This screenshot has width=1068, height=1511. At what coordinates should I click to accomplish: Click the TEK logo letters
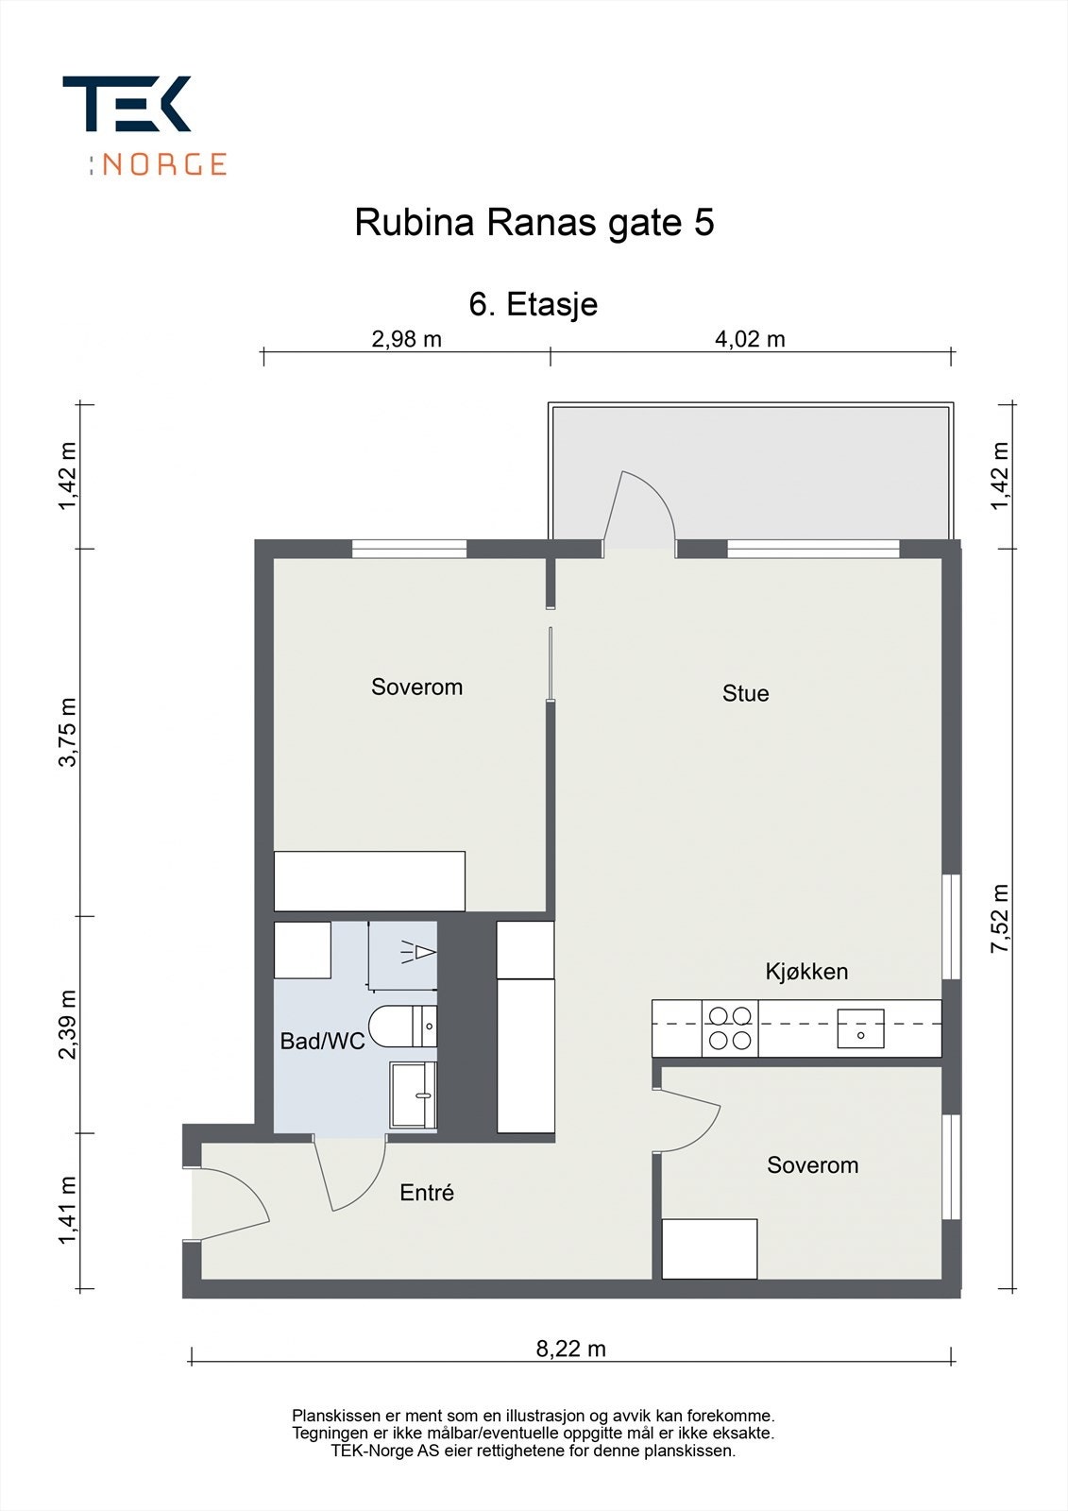[127, 103]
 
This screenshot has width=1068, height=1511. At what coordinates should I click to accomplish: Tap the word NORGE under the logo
[164, 164]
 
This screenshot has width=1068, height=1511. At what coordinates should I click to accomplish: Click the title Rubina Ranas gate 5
[534, 223]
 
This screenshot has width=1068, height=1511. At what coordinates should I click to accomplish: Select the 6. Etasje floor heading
[533, 304]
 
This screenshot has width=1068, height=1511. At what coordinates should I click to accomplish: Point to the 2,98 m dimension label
[407, 339]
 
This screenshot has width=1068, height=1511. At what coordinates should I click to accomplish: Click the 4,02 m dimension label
[750, 339]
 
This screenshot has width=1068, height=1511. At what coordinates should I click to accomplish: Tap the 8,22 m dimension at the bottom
[570, 1349]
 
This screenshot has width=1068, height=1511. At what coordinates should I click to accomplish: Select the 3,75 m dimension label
[68, 732]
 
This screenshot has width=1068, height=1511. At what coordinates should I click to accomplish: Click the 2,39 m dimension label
[68, 1025]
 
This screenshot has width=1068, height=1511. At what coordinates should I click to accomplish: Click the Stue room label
[745, 693]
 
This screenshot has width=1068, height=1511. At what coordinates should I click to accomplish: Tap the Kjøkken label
[806, 972]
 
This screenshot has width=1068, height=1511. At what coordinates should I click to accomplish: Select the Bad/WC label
[323, 1041]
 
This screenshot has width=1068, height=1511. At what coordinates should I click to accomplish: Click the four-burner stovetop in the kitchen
[730, 1028]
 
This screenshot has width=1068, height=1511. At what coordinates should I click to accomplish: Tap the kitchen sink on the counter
[861, 1028]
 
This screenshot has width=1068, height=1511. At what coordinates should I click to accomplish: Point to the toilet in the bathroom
[403, 1026]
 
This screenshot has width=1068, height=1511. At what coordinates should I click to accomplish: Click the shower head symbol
[419, 953]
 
